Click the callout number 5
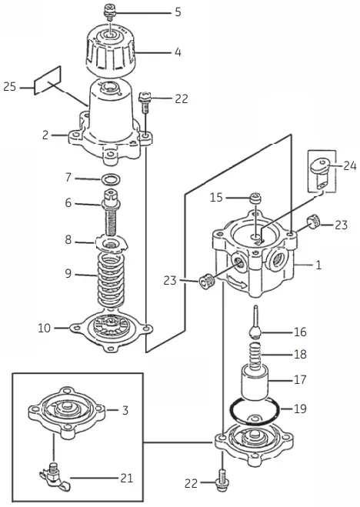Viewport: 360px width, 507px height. [178, 12]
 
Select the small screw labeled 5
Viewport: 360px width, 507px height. [109, 12]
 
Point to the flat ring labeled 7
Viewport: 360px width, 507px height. [111, 179]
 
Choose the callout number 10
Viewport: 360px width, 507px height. [45, 328]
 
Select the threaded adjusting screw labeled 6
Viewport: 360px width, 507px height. [111, 215]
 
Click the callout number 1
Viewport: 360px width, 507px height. [317, 264]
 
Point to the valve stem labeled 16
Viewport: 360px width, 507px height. [255, 323]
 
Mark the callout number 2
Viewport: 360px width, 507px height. [45, 135]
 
